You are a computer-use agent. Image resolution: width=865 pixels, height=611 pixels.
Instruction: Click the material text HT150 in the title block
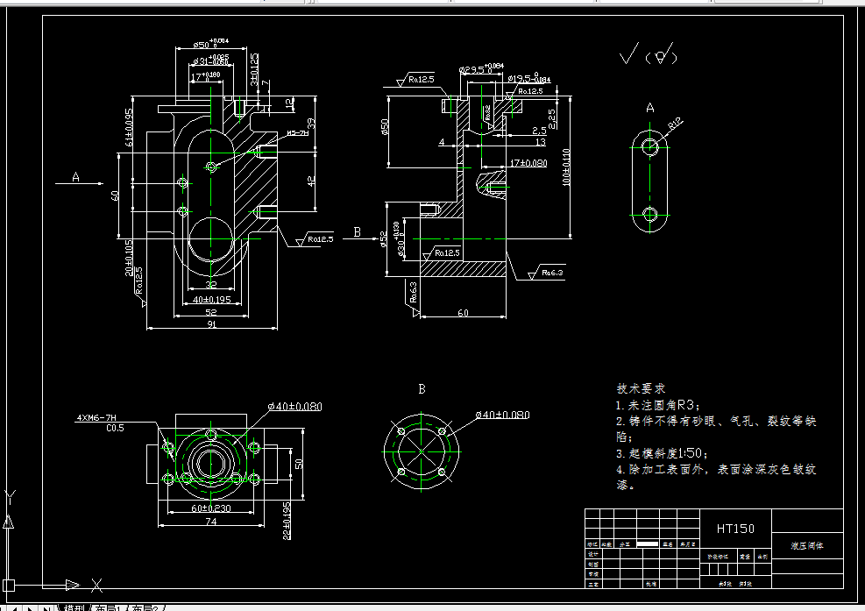point(734,528)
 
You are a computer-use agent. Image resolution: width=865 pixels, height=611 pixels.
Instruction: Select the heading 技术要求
point(641,387)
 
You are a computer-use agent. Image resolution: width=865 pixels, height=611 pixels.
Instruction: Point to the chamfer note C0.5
point(115,429)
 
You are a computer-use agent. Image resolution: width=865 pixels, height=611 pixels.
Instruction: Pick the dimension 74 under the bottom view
point(211,522)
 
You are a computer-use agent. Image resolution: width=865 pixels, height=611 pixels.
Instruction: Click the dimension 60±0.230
point(211,508)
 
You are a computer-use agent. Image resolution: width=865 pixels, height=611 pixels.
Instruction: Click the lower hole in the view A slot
point(649,213)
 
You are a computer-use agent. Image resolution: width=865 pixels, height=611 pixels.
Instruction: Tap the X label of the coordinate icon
point(97,584)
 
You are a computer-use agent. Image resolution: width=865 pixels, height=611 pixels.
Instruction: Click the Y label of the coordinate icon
point(9,496)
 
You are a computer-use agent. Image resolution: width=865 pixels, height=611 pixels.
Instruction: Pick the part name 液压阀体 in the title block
point(806,545)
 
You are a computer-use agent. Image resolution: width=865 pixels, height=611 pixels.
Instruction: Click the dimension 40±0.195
point(211,300)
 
